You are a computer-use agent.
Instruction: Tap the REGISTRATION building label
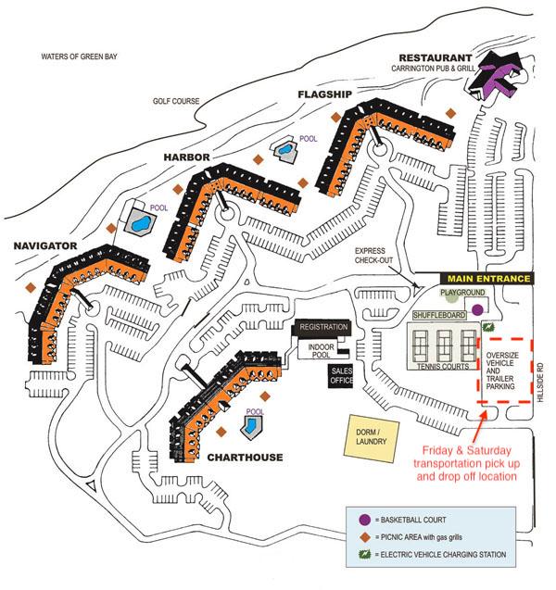pyautogui.click(x=322, y=327)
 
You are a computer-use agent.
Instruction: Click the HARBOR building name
pyautogui.click(x=188, y=157)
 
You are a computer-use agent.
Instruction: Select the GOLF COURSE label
pyautogui.click(x=177, y=102)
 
